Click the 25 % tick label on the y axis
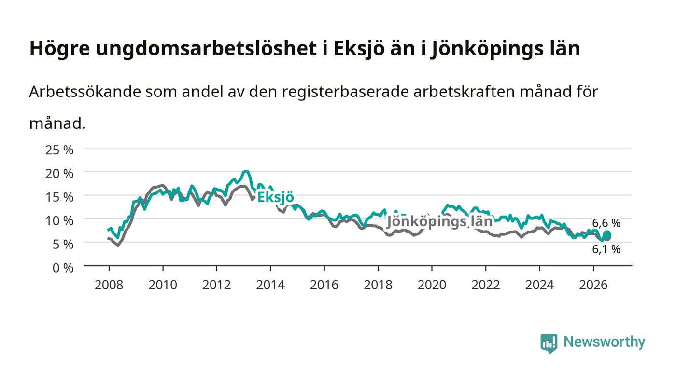pos(59,150)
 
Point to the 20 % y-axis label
pos(59,173)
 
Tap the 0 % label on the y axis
pos(63,268)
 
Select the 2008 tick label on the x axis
pos(109,285)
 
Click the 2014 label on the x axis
pos(270,285)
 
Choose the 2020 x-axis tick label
pos(432,285)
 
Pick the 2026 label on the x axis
pos(593,285)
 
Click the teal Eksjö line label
pos(276,197)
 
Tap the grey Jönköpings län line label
pos(439,221)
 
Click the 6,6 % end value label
pos(606,223)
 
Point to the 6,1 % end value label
pos(606,249)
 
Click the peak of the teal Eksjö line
pos(246,171)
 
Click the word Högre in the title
pos(60,48)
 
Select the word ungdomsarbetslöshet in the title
pos(206,48)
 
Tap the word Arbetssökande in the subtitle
pos(85,92)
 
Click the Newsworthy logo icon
pos(549,343)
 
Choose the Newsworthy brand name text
pos(604,342)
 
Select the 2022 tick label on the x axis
pos(486,285)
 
